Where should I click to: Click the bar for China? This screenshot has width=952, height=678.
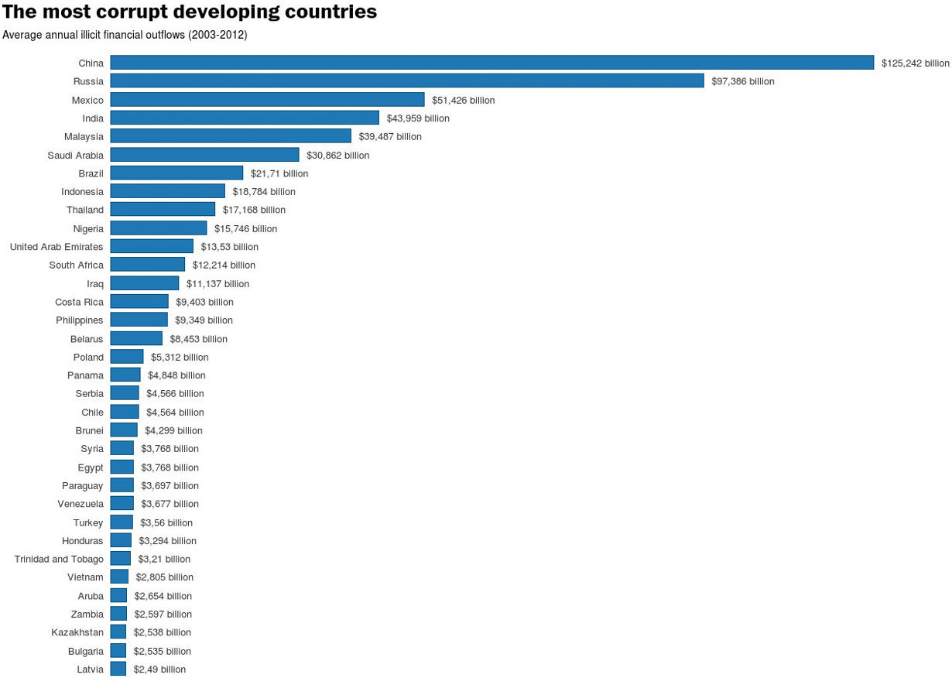pyautogui.click(x=491, y=63)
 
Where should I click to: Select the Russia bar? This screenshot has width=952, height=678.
pyautogui.click(x=407, y=81)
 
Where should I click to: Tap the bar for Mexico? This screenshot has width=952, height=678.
pyautogui.click(x=267, y=100)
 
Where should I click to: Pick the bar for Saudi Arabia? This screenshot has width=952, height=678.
pyautogui.click(x=204, y=155)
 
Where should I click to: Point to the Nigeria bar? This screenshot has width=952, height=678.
pyautogui.click(x=159, y=228)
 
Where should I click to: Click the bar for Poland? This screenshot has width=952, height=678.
pyautogui.click(x=127, y=357)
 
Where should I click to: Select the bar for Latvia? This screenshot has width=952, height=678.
pyautogui.click(x=118, y=669)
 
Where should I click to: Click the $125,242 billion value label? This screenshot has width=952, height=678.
pyautogui.click(x=915, y=63)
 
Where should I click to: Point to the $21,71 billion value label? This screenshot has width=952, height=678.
pyautogui.click(x=279, y=173)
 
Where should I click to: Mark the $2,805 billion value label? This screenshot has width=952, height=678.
pyautogui.click(x=165, y=577)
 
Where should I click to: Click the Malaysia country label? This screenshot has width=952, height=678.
pyautogui.click(x=84, y=137)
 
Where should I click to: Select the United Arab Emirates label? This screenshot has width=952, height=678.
pyautogui.click(x=57, y=247)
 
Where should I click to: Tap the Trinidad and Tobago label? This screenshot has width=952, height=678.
pyautogui.click(x=59, y=560)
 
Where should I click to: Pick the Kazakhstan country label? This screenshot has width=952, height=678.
pyautogui.click(x=77, y=632)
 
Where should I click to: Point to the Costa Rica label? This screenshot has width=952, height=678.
pyautogui.click(x=79, y=302)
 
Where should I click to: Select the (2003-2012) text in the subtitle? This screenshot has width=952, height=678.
pyautogui.click(x=217, y=35)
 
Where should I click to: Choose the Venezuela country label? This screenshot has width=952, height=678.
pyautogui.click(x=80, y=504)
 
